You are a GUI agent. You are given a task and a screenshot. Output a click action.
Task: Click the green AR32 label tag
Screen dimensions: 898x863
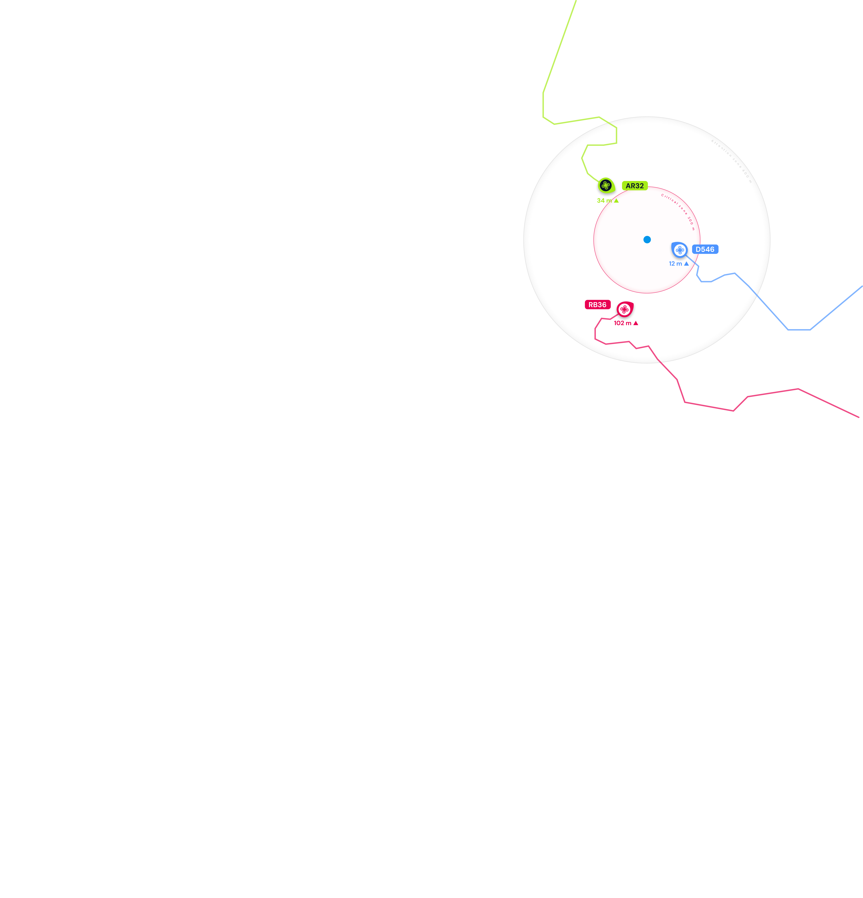tap(635, 186)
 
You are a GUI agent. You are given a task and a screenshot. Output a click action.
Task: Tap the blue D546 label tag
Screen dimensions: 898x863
tap(705, 249)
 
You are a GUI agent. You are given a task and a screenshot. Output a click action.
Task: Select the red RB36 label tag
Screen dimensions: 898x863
tap(597, 305)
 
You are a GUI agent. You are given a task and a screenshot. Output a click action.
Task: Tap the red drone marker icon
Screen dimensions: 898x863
tap(624, 310)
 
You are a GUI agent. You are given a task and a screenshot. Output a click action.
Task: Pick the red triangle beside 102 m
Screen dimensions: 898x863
tap(636, 323)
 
